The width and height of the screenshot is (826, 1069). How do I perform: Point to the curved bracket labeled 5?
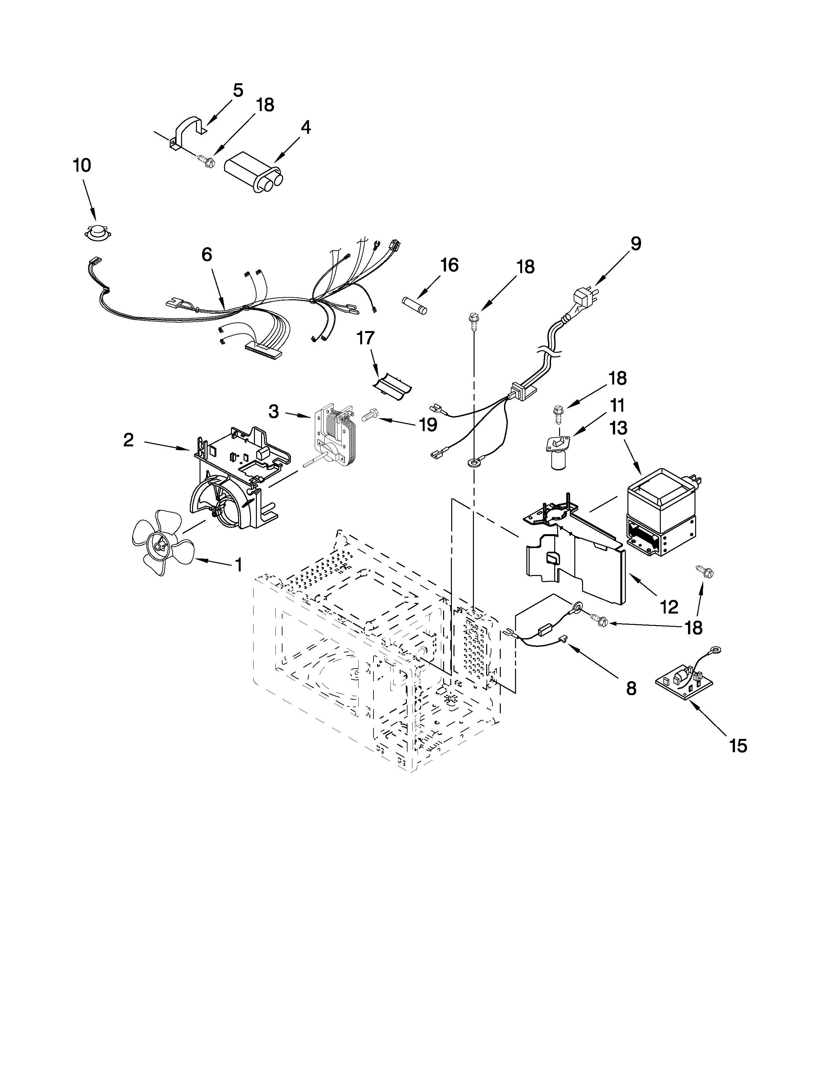coord(189,129)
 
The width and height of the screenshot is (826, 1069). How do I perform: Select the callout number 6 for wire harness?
coord(207,255)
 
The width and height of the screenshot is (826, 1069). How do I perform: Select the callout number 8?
coord(631,689)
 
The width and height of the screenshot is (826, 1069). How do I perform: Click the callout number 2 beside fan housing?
coord(128,440)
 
